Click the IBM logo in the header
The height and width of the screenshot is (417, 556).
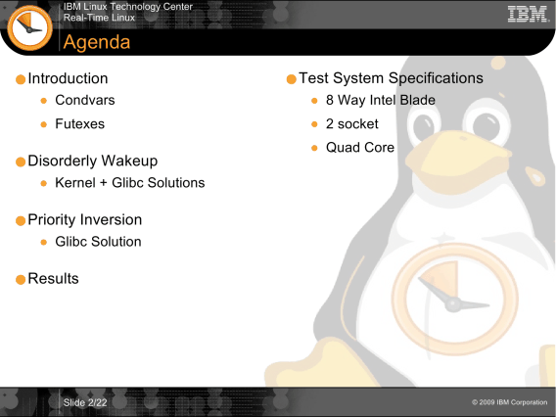click(528, 14)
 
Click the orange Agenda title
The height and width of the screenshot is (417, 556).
click(97, 42)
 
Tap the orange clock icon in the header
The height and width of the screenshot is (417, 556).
click(29, 28)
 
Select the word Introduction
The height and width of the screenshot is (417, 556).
click(68, 78)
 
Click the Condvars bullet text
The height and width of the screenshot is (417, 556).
click(85, 101)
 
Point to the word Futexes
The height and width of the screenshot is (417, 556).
click(80, 124)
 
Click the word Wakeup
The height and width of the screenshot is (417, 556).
click(129, 161)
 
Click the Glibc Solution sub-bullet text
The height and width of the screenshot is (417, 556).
click(98, 242)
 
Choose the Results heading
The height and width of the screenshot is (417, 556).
click(53, 279)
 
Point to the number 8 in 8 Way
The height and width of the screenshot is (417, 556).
click(330, 101)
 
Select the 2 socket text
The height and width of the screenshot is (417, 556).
click(352, 124)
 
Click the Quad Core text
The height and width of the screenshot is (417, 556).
click(360, 148)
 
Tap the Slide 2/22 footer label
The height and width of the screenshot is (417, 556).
click(85, 403)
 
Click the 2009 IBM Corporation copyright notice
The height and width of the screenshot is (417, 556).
click(510, 402)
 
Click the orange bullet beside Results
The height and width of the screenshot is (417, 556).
click(21, 279)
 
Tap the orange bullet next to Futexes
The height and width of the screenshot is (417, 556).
click(44, 124)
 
